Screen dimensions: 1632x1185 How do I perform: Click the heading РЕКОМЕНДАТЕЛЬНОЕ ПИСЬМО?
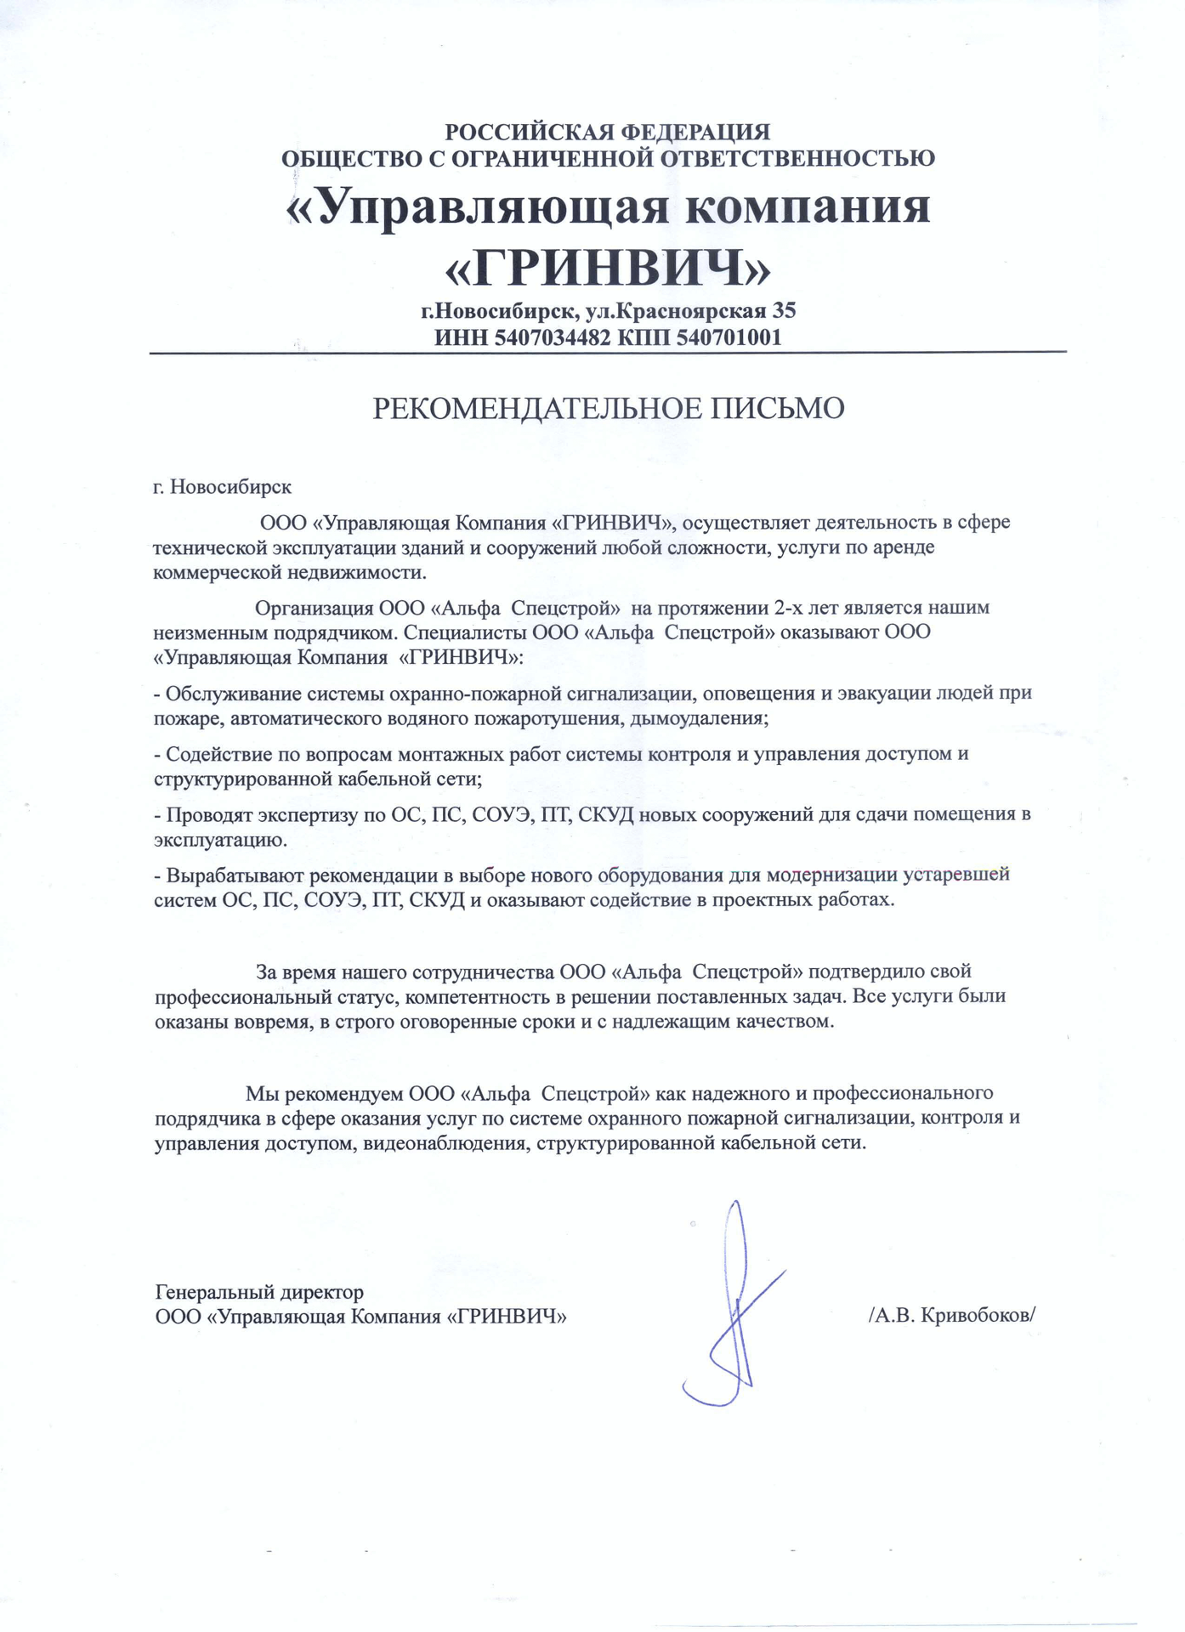pos(609,409)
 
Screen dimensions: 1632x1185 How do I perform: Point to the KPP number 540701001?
pos(729,337)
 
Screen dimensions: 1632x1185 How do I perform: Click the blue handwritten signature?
pos(732,1305)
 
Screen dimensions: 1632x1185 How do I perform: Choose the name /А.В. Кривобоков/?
pos(952,1316)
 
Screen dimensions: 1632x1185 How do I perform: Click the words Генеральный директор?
pos(259,1292)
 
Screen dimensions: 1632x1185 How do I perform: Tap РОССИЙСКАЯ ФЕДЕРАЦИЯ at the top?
pos(608,132)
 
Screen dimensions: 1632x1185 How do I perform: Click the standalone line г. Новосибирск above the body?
pos(222,487)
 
